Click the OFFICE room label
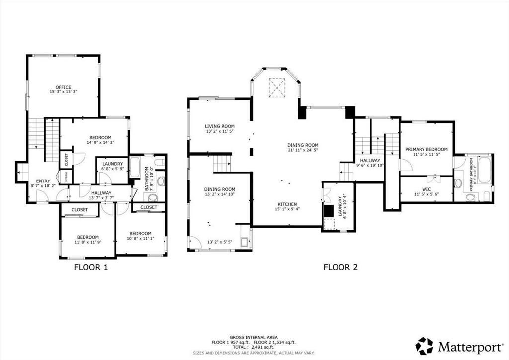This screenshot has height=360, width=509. [x=63, y=87]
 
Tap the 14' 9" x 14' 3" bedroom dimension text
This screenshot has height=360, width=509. [x=100, y=143]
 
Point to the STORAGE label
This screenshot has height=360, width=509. [x=65, y=176]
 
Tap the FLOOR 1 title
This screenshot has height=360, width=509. [x=91, y=267]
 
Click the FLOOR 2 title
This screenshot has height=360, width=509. [x=340, y=267]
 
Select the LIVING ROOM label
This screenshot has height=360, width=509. [x=219, y=126]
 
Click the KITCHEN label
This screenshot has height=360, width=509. [x=287, y=204]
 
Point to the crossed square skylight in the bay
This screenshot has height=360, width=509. [x=276, y=88]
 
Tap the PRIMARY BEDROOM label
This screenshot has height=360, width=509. [x=426, y=149]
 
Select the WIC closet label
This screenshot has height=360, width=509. [x=426, y=188]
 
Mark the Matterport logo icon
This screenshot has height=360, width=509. [x=424, y=345]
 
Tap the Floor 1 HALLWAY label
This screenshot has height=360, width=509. [x=101, y=193]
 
